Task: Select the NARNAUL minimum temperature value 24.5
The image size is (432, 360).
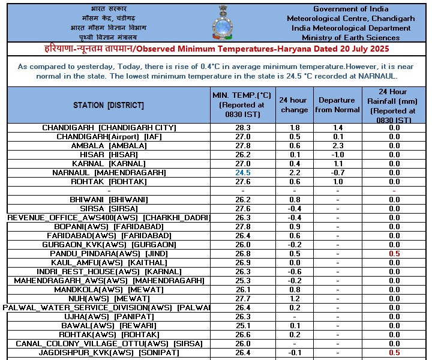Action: pos(243,173)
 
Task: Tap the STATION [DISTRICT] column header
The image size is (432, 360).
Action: pos(109,105)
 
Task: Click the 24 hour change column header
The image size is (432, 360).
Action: pos(295,105)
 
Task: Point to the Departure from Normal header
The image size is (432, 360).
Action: pos(337,105)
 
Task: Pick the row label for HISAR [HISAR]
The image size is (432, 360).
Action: pos(109,155)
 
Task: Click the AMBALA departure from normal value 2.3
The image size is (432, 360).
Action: pos(337,146)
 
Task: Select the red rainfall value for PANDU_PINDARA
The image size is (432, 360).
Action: pos(394,254)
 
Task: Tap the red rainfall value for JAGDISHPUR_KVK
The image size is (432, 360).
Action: pos(394,353)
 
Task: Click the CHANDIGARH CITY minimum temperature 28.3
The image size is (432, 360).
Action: pos(243,128)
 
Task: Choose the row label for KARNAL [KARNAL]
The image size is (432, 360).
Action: pos(109,164)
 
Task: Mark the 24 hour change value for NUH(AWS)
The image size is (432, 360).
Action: pos(295,299)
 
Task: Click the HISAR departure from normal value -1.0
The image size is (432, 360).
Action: pos(337,155)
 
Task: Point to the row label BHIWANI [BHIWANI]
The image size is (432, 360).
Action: pos(109,200)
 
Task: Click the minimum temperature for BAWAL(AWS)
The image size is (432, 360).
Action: pos(243,326)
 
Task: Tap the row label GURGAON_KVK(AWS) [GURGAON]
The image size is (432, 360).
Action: pos(109,245)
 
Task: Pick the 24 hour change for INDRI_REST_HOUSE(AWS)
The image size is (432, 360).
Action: pos(295,272)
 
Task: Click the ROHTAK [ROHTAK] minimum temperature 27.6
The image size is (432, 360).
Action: pos(243,182)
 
